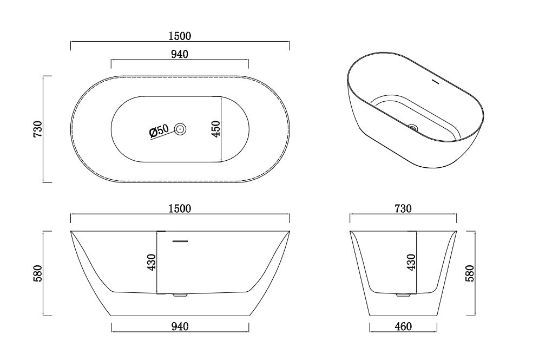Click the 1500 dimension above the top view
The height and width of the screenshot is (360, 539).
pyautogui.click(x=180, y=36)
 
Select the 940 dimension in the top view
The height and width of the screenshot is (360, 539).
pyautogui.click(x=180, y=54)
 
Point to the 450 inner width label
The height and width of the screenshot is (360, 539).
pyautogui.click(x=215, y=129)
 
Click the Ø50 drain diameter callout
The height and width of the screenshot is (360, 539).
pyautogui.click(x=159, y=130)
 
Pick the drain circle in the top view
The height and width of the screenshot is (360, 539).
pyautogui.click(x=180, y=129)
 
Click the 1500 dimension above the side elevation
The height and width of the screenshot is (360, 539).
pyautogui.click(x=180, y=208)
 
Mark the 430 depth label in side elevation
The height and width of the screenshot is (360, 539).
pyautogui.click(x=151, y=262)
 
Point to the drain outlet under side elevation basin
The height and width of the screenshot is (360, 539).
pyautogui.click(x=179, y=296)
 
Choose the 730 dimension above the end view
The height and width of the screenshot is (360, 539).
pyautogui.click(x=403, y=208)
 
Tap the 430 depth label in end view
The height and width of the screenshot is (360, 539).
pyautogui.click(x=411, y=262)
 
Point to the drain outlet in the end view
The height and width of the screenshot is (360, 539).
pyautogui.click(x=403, y=296)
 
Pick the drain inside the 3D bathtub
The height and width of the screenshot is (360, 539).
pyautogui.click(x=413, y=128)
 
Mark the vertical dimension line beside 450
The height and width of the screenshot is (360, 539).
pyautogui.click(x=222, y=129)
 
